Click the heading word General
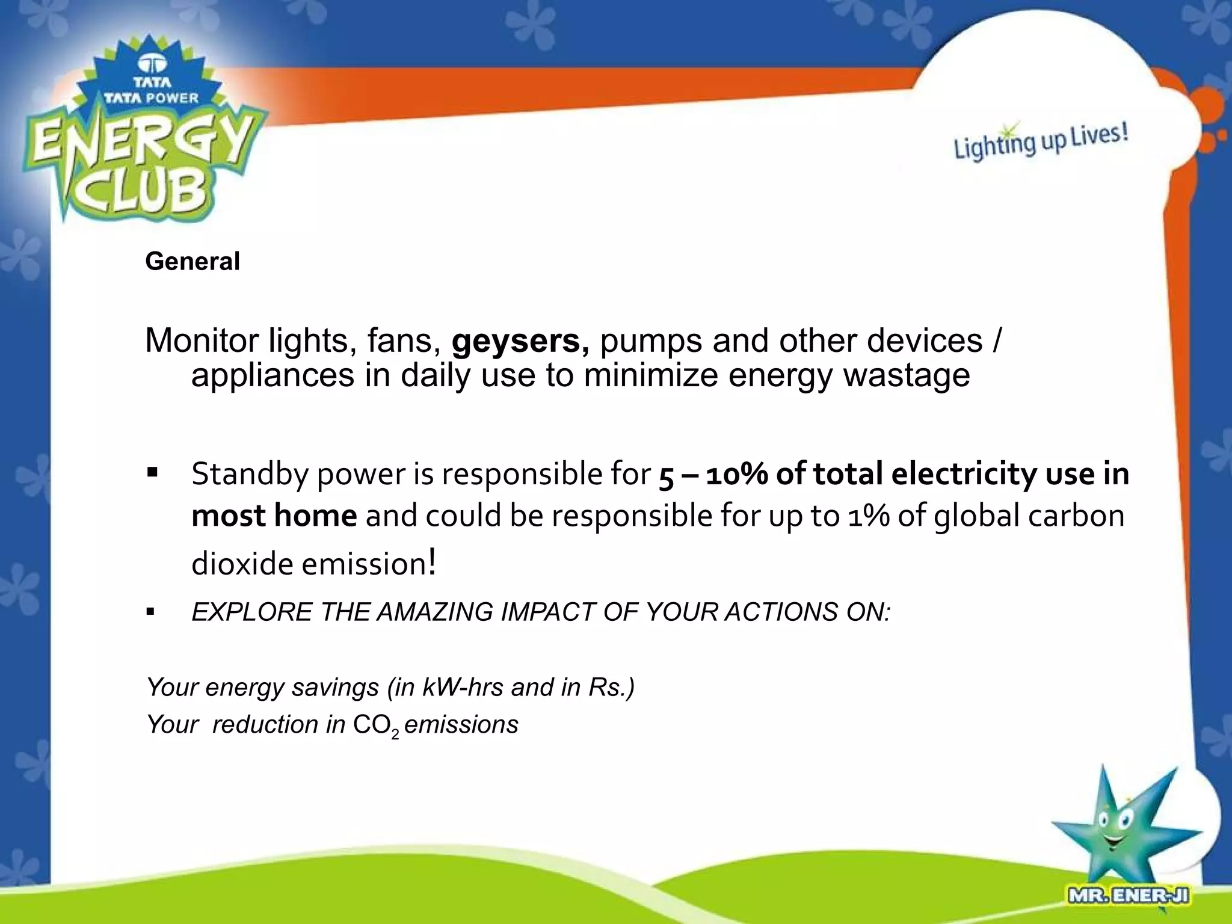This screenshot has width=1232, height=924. [x=192, y=261]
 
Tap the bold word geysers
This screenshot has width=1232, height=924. [x=520, y=341]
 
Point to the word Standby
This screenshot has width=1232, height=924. [x=249, y=474]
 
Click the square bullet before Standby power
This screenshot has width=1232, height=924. [x=152, y=472]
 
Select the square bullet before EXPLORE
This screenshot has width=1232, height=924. [x=150, y=613]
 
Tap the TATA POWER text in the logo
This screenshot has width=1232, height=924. [x=151, y=97]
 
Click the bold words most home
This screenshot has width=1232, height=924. [x=274, y=516]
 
